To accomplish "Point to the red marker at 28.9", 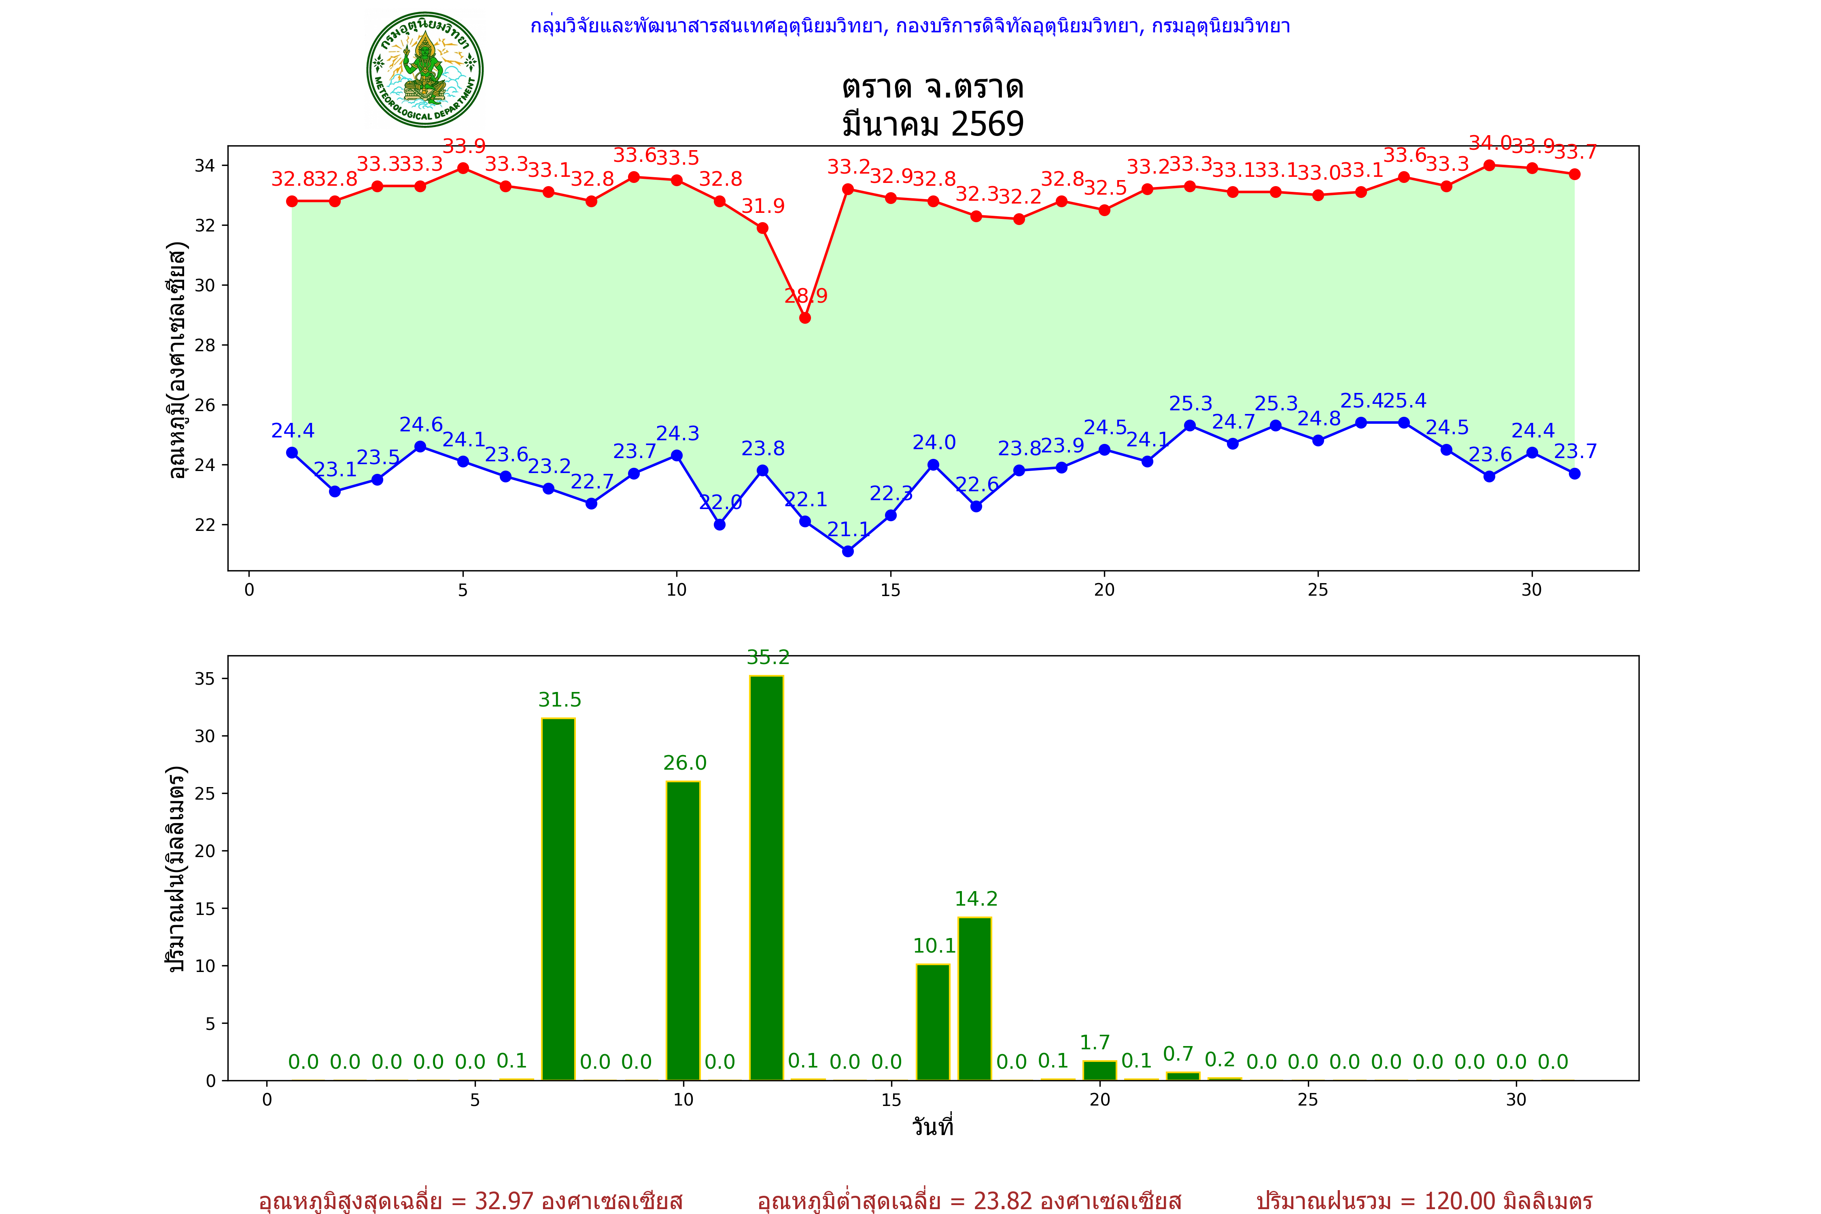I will (805, 317).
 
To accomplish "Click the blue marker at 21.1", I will (848, 551).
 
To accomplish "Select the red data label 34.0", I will (1490, 143).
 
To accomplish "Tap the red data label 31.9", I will (763, 206).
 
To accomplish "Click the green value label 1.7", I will (1095, 1043).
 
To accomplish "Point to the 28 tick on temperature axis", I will (205, 345).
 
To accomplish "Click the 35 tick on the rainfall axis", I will (205, 679).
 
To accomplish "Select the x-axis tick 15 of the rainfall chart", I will (891, 1099).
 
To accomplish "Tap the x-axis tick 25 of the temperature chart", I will (1318, 590).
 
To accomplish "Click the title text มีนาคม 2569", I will (933, 124).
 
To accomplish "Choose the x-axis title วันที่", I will (933, 1127).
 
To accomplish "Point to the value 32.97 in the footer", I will (504, 1201).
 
